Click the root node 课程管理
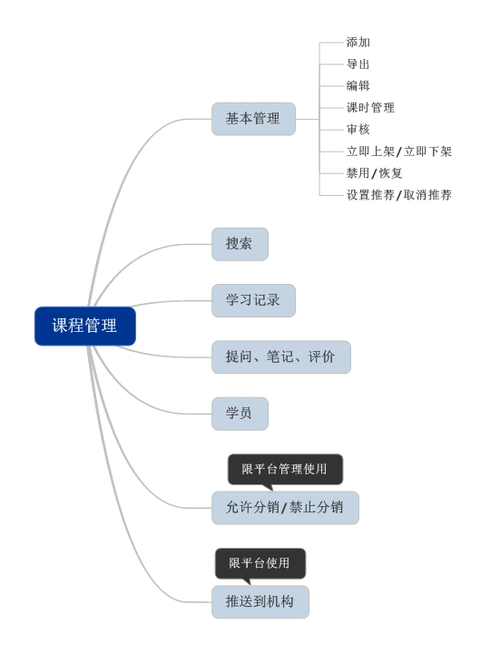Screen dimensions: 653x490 tap(84, 326)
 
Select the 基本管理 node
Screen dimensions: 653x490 tap(253, 119)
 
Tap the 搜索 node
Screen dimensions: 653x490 tap(240, 244)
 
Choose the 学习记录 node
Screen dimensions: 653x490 tap(253, 300)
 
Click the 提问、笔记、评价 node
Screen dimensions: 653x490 tap(280, 356)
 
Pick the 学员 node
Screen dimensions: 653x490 tap(240, 414)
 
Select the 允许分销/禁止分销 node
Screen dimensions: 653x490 tap(285, 507)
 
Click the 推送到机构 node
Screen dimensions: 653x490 tap(260, 601)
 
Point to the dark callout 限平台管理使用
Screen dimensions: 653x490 tap(284, 469)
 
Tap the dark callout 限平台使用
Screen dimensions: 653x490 tap(260, 563)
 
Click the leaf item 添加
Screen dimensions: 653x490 tap(358, 42)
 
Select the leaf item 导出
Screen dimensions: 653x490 tap(358, 63)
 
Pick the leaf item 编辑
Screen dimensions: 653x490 tap(358, 85)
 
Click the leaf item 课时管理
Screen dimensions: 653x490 tap(370, 107)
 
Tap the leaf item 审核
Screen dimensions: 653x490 tap(358, 129)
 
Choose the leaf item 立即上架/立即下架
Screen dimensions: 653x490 tap(398, 151)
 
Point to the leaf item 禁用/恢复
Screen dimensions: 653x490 tap(374, 173)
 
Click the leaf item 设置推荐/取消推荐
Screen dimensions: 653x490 tap(398, 195)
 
